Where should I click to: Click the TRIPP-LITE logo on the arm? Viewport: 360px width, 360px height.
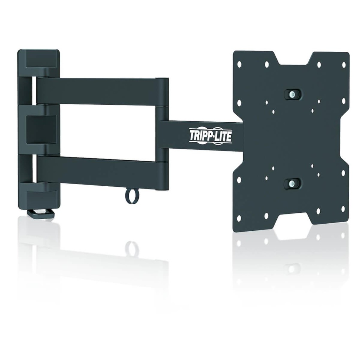tap(211, 135)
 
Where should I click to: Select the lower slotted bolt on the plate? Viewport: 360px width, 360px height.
tap(292, 183)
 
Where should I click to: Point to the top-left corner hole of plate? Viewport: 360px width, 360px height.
tap(239, 64)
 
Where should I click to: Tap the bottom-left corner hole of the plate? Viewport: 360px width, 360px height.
tap(239, 218)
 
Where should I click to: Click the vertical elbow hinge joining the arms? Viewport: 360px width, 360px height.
tap(162, 134)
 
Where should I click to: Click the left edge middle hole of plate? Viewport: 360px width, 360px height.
tap(239, 103)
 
